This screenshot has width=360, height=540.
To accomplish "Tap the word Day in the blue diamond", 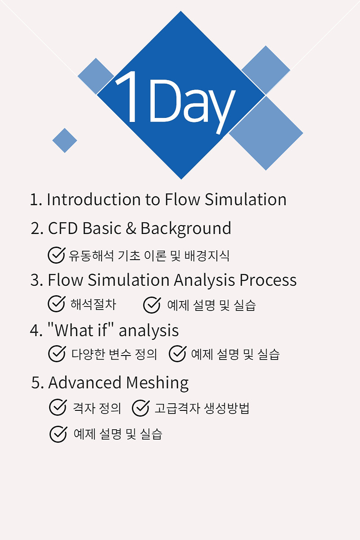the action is (x=192, y=106).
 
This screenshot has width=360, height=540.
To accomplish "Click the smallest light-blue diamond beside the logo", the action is (x=65, y=140).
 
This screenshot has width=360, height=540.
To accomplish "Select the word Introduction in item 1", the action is (x=94, y=200).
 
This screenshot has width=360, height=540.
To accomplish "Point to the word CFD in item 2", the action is (x=63, y=228).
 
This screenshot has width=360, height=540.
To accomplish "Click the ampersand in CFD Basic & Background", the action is (x=131, y=228).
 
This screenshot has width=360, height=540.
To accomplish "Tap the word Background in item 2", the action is (x=186, y=229).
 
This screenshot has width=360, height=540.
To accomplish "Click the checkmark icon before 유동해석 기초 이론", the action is (x=56, y=255).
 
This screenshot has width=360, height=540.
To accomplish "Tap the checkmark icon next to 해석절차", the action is (x=56, y=304).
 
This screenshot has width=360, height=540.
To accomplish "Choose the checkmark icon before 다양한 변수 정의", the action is (x=57, y=354).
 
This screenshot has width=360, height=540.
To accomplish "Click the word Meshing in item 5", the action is (x=157, y=383).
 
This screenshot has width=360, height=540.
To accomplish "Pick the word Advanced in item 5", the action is (x=85, y=382).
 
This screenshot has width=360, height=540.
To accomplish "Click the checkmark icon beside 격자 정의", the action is (x=58, y=407).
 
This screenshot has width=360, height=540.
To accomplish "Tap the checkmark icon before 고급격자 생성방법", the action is (x=141, y=408).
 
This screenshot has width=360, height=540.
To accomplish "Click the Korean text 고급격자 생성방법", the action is (x=202, y=408).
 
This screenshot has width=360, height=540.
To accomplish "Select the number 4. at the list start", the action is (x=36, y=330).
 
